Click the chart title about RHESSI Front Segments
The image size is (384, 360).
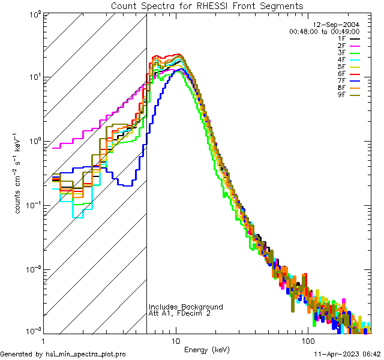tap(207, 6)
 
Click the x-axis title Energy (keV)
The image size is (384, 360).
tap(207, 349)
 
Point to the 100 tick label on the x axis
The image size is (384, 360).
tap(308, 341)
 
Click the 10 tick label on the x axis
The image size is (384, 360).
tap(176, 341)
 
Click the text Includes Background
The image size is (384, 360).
tap(186, 307)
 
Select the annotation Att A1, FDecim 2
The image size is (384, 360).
tap(179, 314)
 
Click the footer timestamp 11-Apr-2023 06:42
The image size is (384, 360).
tap(345, 354)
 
